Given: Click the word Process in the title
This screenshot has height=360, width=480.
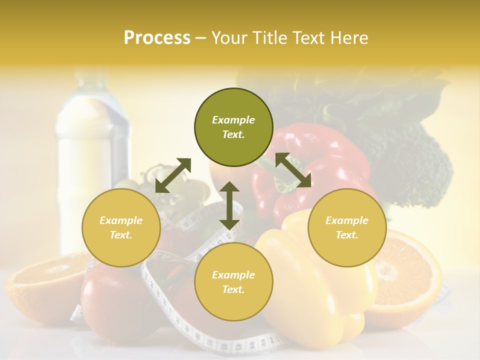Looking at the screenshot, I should [157, 38].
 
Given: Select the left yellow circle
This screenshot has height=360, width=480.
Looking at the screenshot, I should [121, 227].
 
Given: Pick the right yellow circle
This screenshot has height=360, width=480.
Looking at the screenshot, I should [347, 227].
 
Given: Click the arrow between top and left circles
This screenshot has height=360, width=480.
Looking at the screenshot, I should [173, 175].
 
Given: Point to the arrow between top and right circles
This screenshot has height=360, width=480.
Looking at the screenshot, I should [293, 170].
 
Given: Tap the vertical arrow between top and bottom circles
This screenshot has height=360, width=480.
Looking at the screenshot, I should [229, 205].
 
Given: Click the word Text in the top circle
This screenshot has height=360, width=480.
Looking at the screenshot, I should [233, 134].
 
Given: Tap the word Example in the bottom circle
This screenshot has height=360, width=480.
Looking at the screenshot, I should [233, 275].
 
